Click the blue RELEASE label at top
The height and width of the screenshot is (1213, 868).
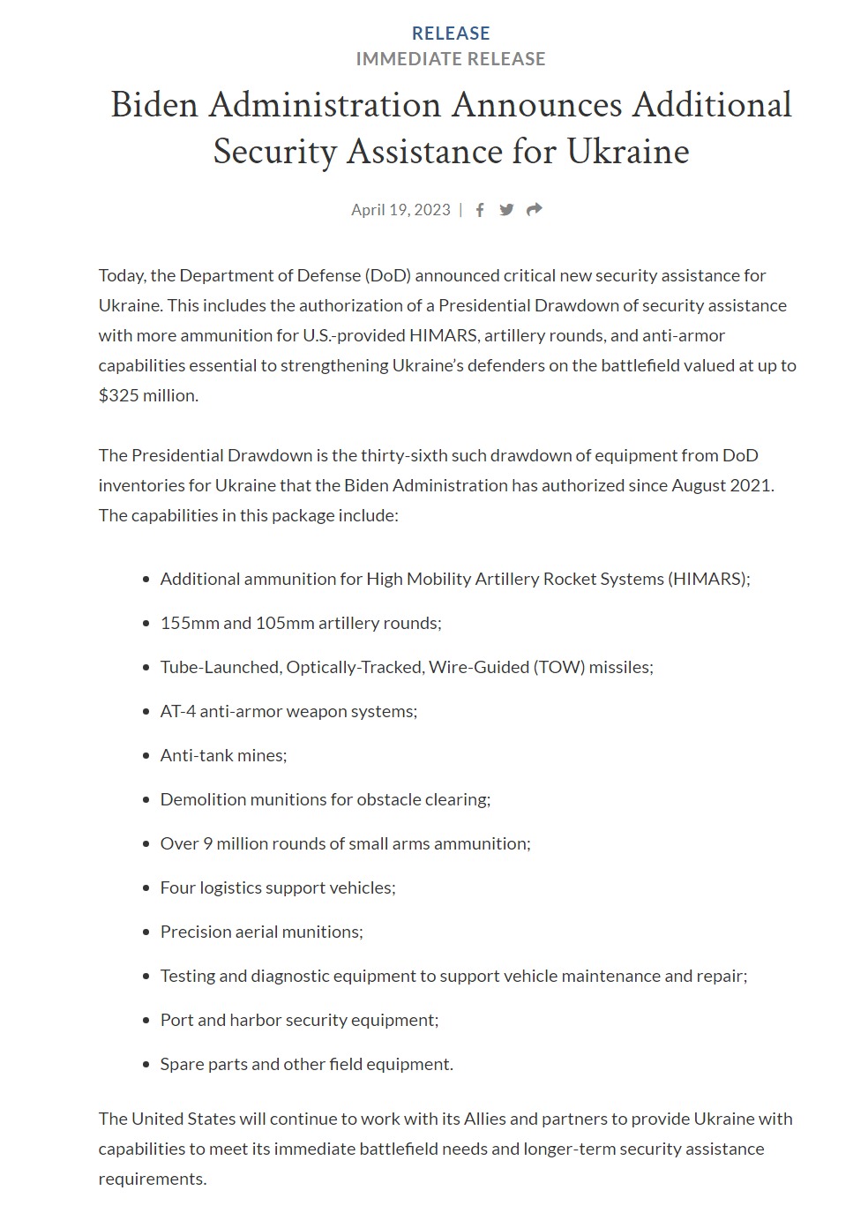[x=451, y=34]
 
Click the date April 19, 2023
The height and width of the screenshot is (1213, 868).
[x=400, y=210]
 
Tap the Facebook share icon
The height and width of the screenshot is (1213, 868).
[x=480, y=210]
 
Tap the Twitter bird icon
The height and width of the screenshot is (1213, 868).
[x=506, y=210]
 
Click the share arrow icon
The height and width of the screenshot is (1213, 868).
[x=534, y=210]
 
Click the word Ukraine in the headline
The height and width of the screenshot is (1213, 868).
[x=627, y=152]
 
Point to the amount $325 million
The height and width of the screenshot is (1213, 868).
[x=147, y=396]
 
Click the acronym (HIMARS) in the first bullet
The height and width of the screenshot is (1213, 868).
[x=708, y=580]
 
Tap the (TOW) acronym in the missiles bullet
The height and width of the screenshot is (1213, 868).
[x=558, y=668]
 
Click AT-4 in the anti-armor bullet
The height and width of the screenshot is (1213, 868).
[x=177, y=712]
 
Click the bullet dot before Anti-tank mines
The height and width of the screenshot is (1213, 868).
[x=146, y=756]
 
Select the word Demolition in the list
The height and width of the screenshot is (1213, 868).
[x=202, y=800]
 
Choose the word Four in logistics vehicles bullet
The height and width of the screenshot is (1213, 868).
[x=177, y=888]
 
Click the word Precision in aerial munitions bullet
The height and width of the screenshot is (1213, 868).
[x=195, y=932]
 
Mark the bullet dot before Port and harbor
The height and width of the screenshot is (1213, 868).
[x=146, y=1021]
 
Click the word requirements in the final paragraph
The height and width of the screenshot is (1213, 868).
[x=151, y=1179]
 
